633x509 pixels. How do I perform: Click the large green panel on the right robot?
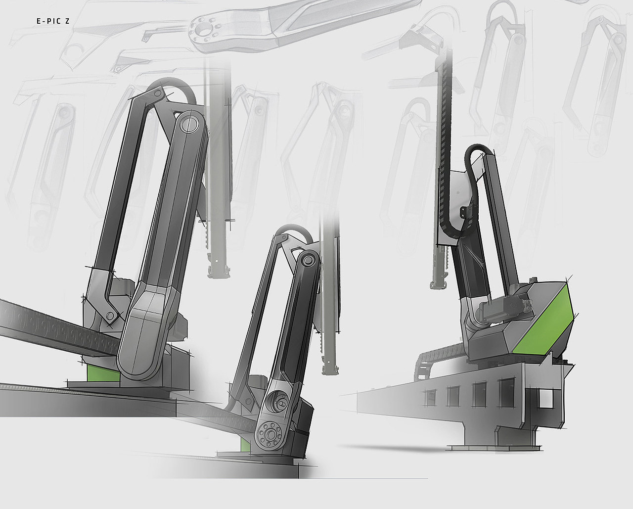[x=543, y=324]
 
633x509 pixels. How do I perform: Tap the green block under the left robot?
[x=103, y=372]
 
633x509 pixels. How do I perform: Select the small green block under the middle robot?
[x=245, y=444]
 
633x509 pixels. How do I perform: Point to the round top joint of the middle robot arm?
[x=308, y=260]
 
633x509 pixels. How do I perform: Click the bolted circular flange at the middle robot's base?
[x=270, y=434]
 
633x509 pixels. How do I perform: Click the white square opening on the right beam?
[x=545, y=398]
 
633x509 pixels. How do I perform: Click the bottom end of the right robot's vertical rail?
[x=437, y=284]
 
